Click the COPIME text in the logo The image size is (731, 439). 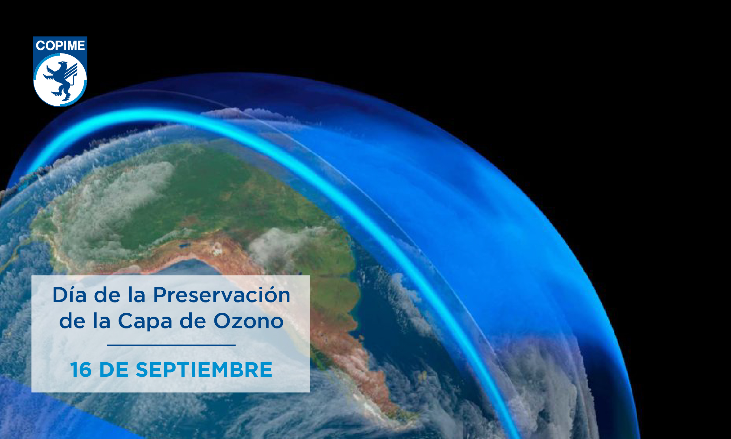pos(60,46)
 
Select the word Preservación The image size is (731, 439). pos(222,295)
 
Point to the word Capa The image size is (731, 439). pos(145,321)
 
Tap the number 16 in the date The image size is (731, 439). pos(81,370)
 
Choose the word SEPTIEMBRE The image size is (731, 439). pos(204,370)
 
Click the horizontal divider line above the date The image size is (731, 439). pos(171,345)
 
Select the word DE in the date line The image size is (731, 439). pos(114,370)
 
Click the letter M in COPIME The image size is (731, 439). pos(71,46)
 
